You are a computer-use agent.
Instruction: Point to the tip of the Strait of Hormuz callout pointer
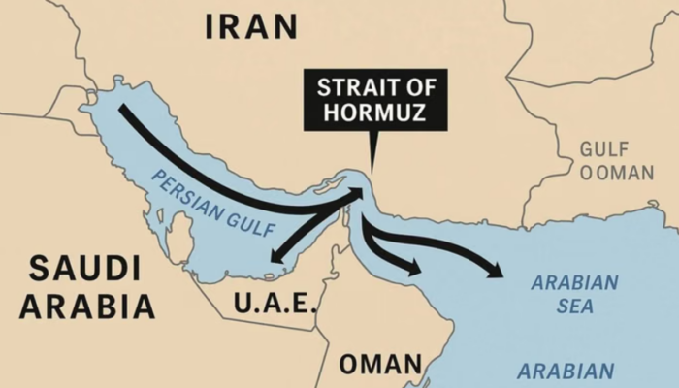[370, 172]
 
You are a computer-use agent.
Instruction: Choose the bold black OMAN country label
[380, 365]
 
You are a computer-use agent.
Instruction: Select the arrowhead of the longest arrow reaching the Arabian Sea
[498, 272]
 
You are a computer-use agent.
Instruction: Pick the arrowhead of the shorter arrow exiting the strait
[416, 269]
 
